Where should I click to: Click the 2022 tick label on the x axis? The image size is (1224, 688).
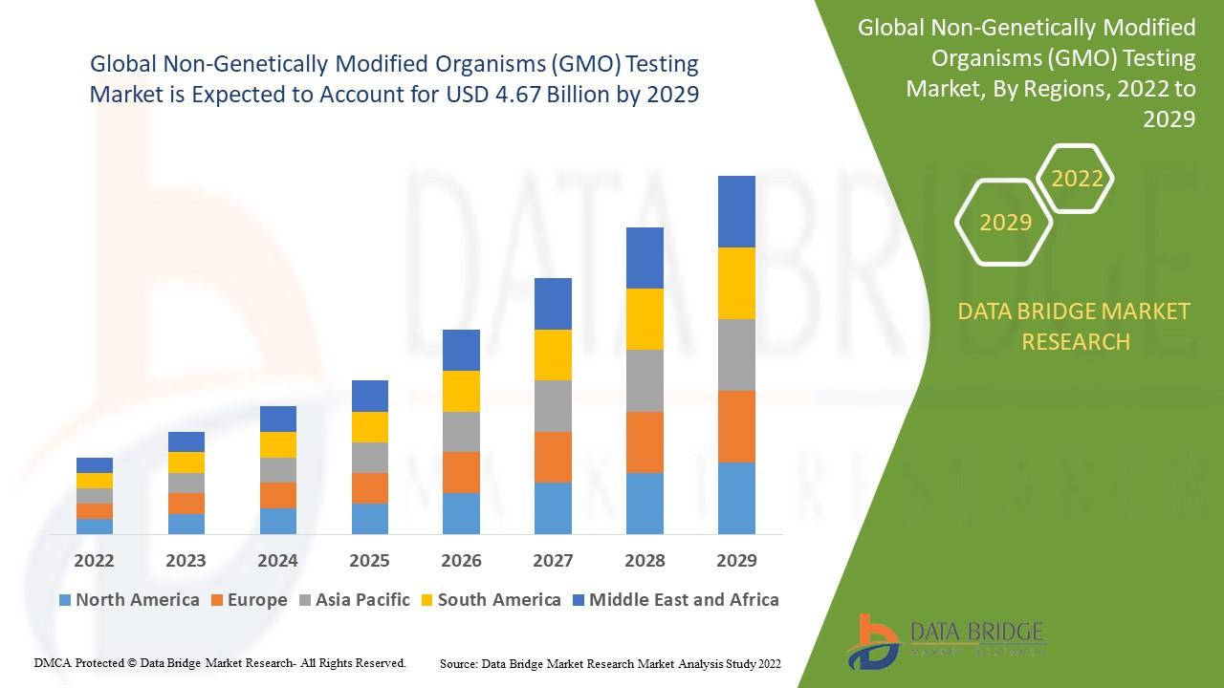[94, 560]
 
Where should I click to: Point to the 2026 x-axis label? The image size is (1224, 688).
[461, 560]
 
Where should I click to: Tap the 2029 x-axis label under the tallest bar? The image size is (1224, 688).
[736, 560]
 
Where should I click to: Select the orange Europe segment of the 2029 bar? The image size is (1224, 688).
[736, 426]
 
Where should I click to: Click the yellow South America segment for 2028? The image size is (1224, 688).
[645, 319]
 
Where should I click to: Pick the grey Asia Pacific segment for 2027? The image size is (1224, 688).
[553, 406]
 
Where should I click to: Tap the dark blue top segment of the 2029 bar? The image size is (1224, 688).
[736, 211]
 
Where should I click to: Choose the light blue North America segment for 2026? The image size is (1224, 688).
[461, 513]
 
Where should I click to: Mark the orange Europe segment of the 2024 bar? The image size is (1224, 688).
[277, 495]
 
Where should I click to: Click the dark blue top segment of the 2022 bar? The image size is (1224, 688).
[94, 465]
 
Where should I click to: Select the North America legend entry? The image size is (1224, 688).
[128, 600]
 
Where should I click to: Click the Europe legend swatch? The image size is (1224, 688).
[218, 600]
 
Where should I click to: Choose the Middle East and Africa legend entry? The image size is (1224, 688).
[674, 600]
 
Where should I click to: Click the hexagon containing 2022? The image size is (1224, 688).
[1076, 179]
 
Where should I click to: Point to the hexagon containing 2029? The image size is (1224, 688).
[1004, 223]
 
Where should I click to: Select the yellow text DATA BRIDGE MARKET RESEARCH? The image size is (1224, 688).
[1075, 326]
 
